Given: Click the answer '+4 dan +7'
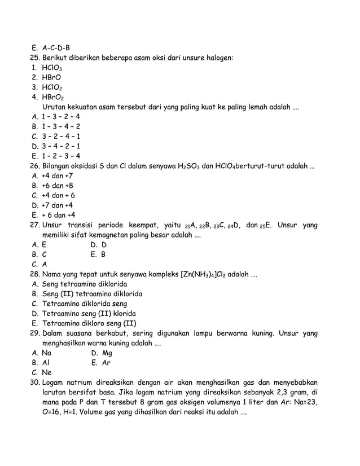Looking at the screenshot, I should click(58, 176).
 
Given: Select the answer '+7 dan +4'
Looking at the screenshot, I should click(58, 205).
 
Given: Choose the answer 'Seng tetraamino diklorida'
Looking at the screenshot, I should click(85, 284).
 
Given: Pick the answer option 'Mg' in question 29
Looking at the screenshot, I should click(107, 353).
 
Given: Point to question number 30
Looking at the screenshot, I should click(36, 383).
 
